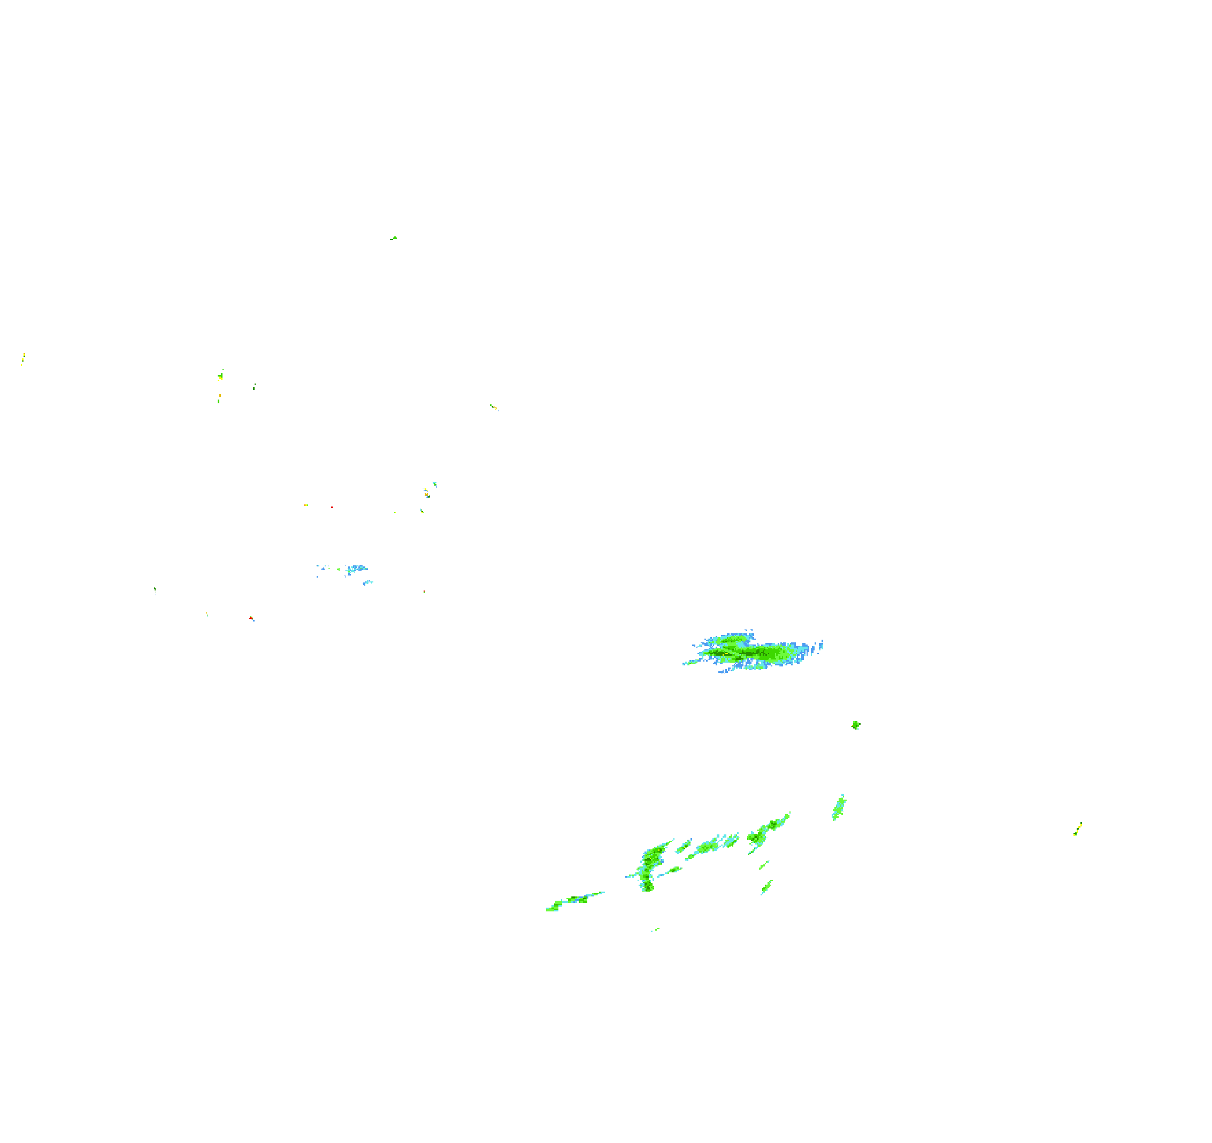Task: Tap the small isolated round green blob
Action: [x=856, y=725]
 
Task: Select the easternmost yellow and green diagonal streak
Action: [x=1078, y=829]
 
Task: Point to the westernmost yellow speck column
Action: [x=23, y=358]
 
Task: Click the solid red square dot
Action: [x=332, y=507]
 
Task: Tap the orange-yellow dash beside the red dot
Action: [x=306, y=505]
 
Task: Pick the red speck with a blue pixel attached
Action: [x=251, y=618]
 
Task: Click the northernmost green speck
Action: [x=394, y=239]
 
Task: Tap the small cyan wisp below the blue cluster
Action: [x=367, y=583]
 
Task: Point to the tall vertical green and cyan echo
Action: [x=651, y=865]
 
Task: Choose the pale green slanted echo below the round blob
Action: [x=839, y=808]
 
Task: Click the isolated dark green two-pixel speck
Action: [x=254, y=387]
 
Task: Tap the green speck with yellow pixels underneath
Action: [x=220, y=375]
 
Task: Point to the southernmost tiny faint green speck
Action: [x=655, y=930]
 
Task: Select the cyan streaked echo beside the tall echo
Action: [x=710, y=846]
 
